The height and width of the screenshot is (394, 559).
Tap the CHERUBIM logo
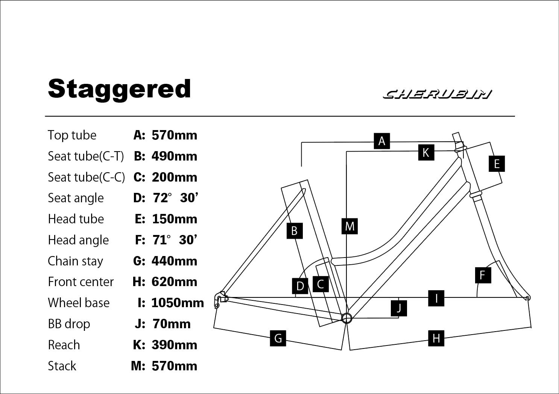(437, 94)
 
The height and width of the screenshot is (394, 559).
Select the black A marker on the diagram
(382, 141)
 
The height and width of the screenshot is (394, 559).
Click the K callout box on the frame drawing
(426, 152)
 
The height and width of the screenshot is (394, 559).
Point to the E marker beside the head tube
(497, 164)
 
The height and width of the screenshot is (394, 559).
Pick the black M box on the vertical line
(349, 226)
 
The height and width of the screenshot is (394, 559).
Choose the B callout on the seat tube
(295, 231)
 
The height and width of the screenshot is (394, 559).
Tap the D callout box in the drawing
(300, 286)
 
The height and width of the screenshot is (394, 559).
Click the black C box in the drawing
(321, 284)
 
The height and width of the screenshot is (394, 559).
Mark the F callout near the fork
(483, 275)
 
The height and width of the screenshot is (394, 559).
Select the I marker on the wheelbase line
(436, 298)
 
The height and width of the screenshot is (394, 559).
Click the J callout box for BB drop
(399, 308)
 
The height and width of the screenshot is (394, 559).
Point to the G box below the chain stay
(278, 338)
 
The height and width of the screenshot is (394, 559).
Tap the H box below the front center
(436, 338)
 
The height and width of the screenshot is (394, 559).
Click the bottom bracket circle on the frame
(346, 318)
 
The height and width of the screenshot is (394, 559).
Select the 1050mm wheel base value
(178, 303)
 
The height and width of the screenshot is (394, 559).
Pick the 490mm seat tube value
(175, 156)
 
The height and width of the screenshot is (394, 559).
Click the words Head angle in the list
(78, 240)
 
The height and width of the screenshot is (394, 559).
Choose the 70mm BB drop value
(172, 324)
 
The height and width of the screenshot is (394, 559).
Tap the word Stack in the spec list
(62, 366)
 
